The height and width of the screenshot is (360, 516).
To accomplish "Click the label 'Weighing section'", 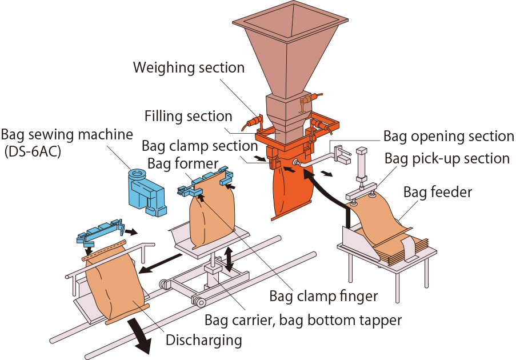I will point(189,68).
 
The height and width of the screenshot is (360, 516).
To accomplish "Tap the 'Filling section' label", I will point(188,117).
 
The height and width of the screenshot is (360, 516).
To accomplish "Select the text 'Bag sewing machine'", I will point(67,135).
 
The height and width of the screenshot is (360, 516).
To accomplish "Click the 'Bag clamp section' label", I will point(199,146).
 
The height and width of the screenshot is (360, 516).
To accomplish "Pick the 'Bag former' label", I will point(183,164).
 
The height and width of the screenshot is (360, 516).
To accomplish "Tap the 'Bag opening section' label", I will point(449,137).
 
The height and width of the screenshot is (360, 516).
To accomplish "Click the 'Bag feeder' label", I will point(438,191).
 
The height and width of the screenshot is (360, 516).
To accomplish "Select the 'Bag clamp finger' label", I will point(323,295).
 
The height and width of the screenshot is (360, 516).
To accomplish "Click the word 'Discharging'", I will point(203,341).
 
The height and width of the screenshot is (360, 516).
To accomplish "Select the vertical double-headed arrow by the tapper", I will point(230,258).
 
